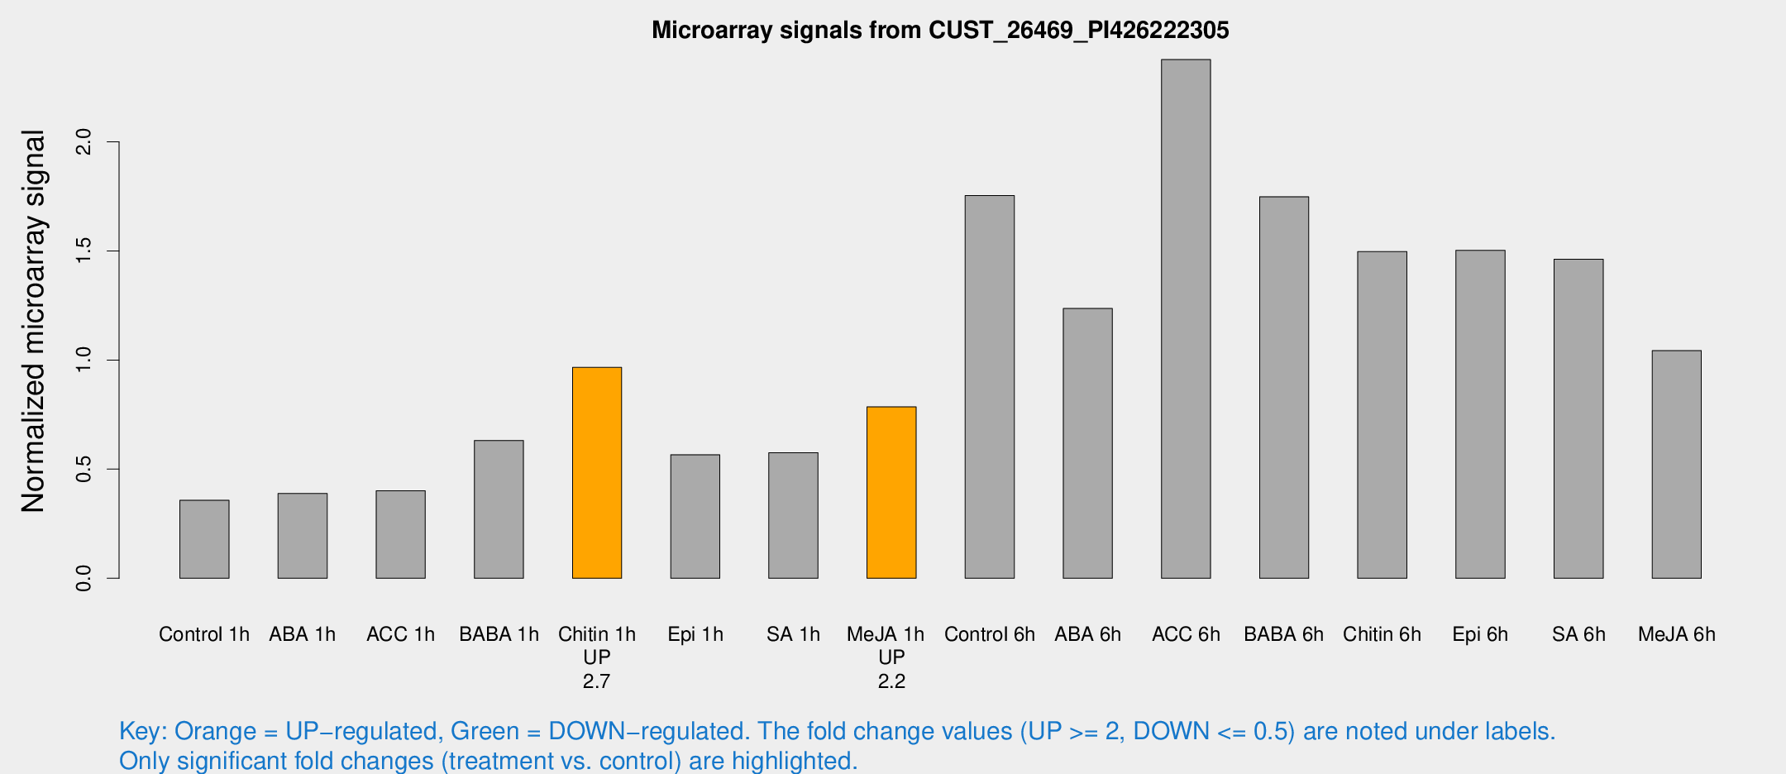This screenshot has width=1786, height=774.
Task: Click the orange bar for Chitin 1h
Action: (597, 473)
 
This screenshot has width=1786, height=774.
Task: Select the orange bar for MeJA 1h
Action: (891, 493)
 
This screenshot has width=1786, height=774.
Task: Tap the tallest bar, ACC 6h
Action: (1186, 319)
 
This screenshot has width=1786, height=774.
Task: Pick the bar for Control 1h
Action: (204, 539)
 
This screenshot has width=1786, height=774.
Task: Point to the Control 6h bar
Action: (990, 387)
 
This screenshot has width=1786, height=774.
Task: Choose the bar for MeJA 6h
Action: (1677, 465)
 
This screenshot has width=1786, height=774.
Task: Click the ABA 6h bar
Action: (1087, 443)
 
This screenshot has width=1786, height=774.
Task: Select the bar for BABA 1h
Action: (499, 509)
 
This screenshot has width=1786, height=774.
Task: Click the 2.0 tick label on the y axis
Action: (84, 142)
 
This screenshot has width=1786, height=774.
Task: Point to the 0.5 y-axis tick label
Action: (84, 469)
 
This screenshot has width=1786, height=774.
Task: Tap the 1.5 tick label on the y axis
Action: (84, 251)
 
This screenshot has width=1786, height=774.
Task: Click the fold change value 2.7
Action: (596, 681)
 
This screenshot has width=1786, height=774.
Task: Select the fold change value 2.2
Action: (891, 681)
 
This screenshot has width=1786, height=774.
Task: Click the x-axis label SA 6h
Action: (1578, 634)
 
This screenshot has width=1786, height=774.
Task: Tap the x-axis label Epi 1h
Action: (695, 634)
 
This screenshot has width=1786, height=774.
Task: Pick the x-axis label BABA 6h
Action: (1283, 634)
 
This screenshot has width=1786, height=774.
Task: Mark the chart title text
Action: (940, 30)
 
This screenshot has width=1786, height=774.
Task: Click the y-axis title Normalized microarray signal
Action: (33, 321)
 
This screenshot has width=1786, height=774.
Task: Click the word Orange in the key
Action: (215, 731)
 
